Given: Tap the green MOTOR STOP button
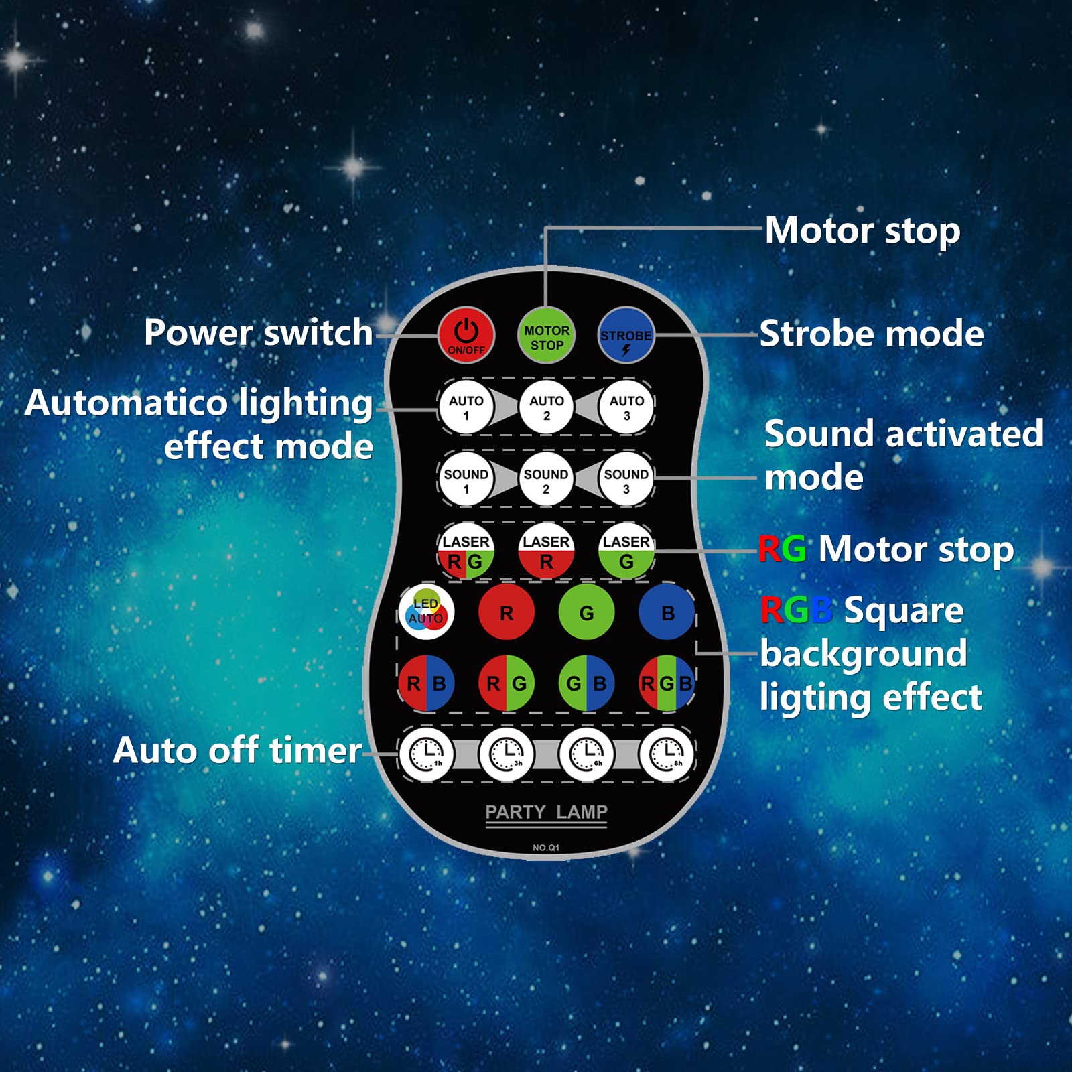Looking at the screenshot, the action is coord(546,336).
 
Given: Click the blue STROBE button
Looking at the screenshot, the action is coord(626,335).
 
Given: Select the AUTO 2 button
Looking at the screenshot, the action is coord(546,407).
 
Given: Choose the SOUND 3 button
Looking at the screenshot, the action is coord(626,480).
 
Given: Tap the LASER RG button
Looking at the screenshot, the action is coord(466,551).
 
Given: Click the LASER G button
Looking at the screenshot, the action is coord(626,551).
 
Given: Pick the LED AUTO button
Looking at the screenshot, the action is coord(426,612).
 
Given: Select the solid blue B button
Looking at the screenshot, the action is coord(667,612).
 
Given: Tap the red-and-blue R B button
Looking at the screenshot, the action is coord(426,683).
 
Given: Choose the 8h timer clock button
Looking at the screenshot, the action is coord(667,754).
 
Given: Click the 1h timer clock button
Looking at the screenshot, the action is coord(427,754).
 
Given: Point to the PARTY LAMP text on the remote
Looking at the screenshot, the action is coord(546,812).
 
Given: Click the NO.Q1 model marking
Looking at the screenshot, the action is coord(546,848).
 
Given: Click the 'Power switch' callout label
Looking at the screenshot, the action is coord(259,333).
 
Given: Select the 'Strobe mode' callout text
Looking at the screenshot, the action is coord(872,333).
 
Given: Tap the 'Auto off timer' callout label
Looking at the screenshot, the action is coord(238,750).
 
